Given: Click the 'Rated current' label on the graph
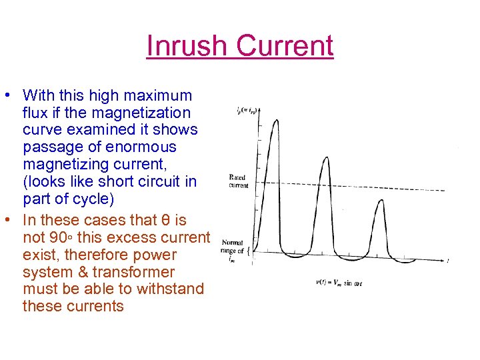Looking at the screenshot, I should click(x=238, y=181).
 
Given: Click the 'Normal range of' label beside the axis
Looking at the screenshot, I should click(x=233, y=247).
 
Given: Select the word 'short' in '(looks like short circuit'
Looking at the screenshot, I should click(x=136, y=181).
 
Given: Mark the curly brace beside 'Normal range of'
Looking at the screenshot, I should click(x=249, y=251).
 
